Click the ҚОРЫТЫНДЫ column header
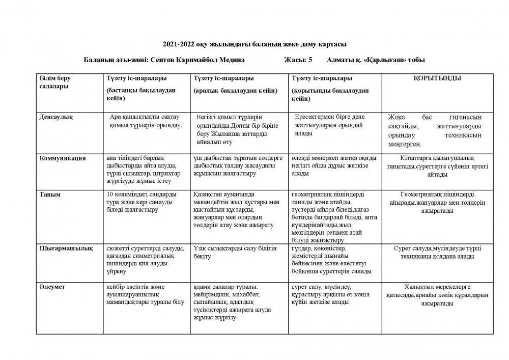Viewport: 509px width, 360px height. click(437, 78)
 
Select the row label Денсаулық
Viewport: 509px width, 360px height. click(56, 117)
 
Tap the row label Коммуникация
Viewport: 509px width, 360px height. click(62, 158)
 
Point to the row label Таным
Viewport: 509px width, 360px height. click(50, 194)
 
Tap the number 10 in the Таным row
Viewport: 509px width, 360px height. click(109, 194)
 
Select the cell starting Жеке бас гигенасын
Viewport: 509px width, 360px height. click(437, 130)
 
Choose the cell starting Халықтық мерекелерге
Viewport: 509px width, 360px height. click(437, 295)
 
